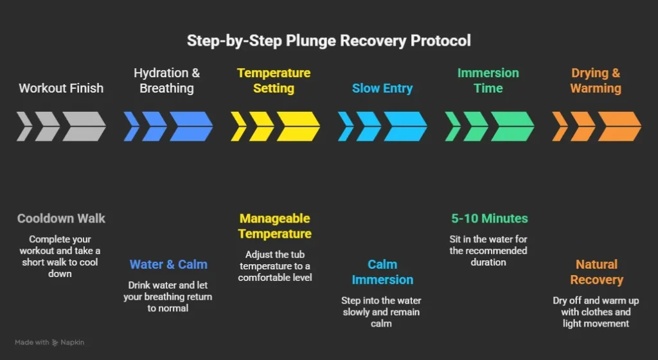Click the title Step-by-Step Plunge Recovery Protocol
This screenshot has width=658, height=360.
click(328, 40)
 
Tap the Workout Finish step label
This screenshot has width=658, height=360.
click(61, 88)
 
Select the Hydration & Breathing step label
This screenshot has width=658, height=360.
click(166, 80)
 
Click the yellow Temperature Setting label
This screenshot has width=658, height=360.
click(274, 80)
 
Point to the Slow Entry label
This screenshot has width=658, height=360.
click(382, 88)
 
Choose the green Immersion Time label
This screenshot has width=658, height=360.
click(488, 80)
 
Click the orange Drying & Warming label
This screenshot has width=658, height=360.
click(595, 80)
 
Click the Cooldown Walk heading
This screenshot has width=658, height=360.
click(61, 219)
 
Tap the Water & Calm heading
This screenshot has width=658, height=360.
click(168, 264)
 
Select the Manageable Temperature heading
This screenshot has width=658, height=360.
click(275, 226)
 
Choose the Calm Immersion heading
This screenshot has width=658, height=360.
click(382, 272)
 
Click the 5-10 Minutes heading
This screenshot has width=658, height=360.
click(489, 219)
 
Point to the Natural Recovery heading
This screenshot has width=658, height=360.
click(596, 272)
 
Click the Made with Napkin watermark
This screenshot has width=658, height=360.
click(49, 343)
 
